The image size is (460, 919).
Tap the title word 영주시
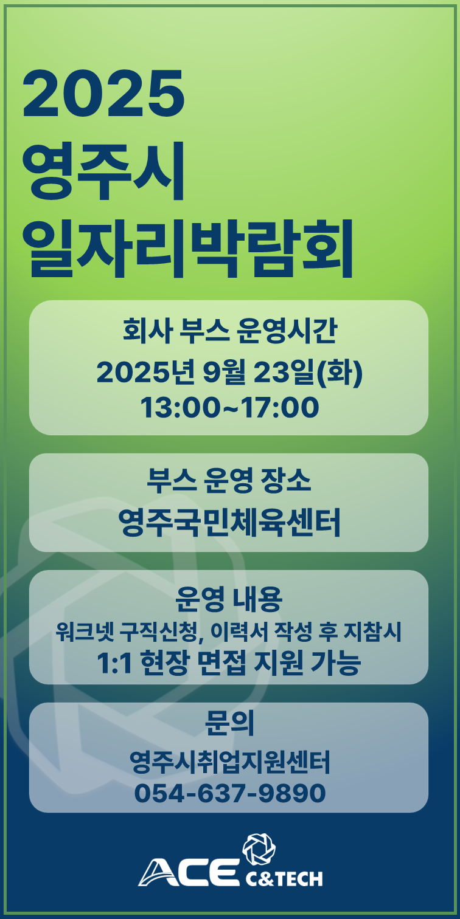tap(103, 171)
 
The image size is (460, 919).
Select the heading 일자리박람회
tap(188, 248)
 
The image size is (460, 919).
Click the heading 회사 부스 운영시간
tap(229, 331)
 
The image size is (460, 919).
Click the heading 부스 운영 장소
tap(229, 480)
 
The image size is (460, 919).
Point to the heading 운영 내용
tap(229, 599)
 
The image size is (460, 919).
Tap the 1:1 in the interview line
tap(114, 663)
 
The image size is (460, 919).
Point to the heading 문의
tap(229, 723)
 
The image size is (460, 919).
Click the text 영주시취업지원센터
tap(230, 762)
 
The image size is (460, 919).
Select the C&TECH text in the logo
tap(284, 878)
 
